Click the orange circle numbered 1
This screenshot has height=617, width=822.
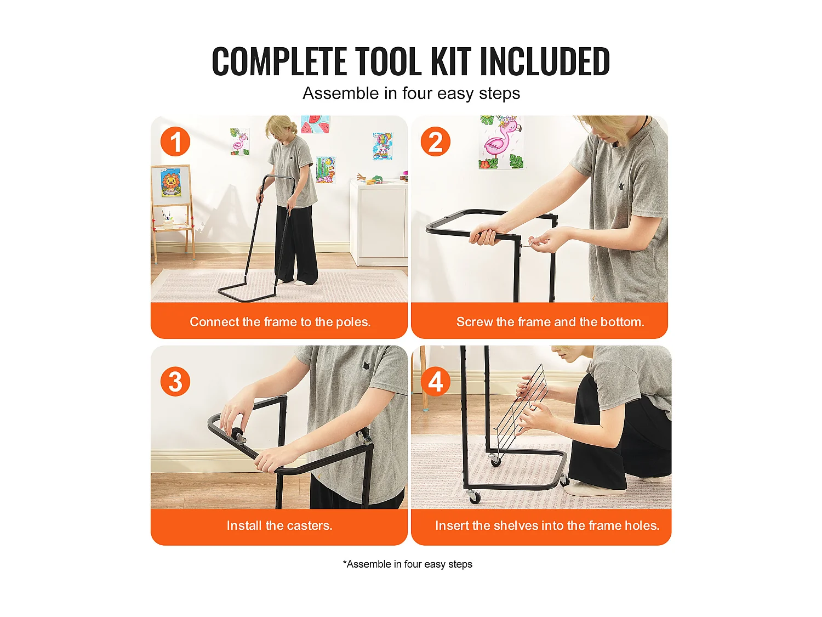click(175, 141)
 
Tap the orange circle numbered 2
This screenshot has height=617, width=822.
click(435, 141)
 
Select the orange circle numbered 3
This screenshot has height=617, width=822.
click(175, 381)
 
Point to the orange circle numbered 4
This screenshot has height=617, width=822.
click(435, 381)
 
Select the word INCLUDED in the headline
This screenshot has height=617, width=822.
click(545, 61)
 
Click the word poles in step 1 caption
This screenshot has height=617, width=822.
click(352, 322)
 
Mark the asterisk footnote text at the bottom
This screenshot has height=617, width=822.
click(408, 564)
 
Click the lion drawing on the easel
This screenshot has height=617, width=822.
click(171, 183)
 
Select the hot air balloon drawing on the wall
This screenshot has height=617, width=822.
click(383, 146)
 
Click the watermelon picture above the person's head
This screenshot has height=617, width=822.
click(315, 124)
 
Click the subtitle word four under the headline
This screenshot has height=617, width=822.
click(417, 93)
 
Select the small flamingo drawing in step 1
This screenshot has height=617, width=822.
click(239, 141)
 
